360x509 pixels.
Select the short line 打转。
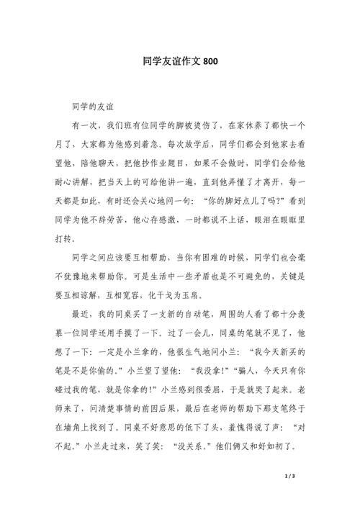(x=79, y=239)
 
